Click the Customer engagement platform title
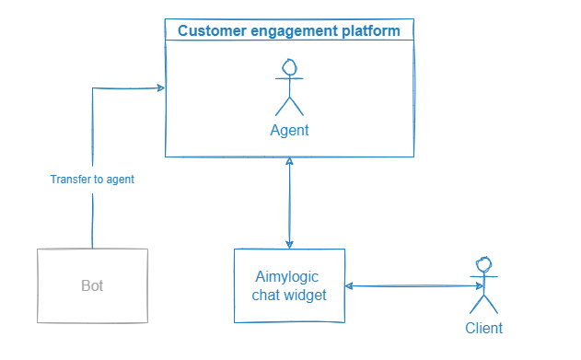(289, 31)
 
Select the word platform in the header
(372, 31)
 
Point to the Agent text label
(289, 131)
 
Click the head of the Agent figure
(289, 67)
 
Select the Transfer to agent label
(92, 180)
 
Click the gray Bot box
(92, 285)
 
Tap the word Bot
(92, 286)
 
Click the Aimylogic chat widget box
(289, 285)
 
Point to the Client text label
(483, 328)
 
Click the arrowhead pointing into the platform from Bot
(160, 88)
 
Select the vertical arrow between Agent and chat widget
(290, 203)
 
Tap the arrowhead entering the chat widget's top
(290, 243)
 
